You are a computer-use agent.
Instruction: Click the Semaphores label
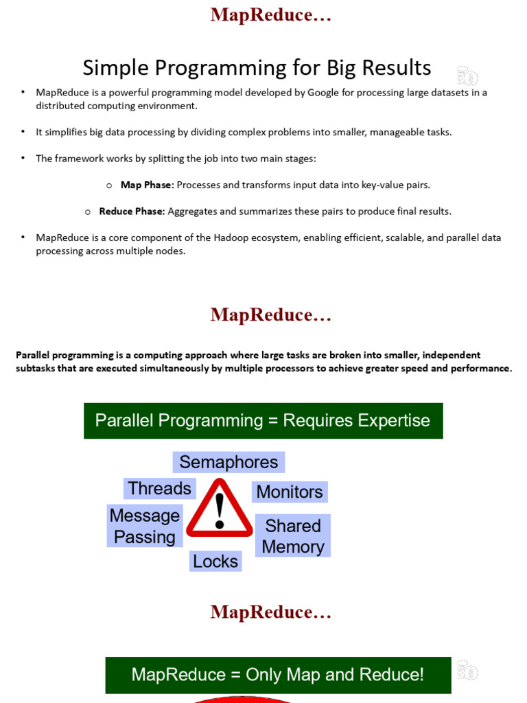229,462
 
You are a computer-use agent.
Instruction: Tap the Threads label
159,488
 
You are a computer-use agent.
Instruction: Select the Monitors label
289,492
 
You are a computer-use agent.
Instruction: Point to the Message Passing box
145,526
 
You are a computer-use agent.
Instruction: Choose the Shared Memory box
293,535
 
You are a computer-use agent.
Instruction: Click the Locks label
215,561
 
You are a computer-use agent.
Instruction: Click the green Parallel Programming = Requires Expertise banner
263,420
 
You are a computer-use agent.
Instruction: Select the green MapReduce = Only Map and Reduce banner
278,674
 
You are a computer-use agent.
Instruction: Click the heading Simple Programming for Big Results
257,67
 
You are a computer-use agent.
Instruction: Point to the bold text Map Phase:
147,185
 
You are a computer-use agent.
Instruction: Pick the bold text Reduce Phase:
132,211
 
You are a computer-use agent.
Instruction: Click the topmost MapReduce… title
271,15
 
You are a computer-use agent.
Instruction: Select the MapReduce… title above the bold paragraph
271,315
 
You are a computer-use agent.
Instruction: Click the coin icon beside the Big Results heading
467,76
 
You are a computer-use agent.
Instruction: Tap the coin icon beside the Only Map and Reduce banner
467,670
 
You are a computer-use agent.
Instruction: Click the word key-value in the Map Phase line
375,185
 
